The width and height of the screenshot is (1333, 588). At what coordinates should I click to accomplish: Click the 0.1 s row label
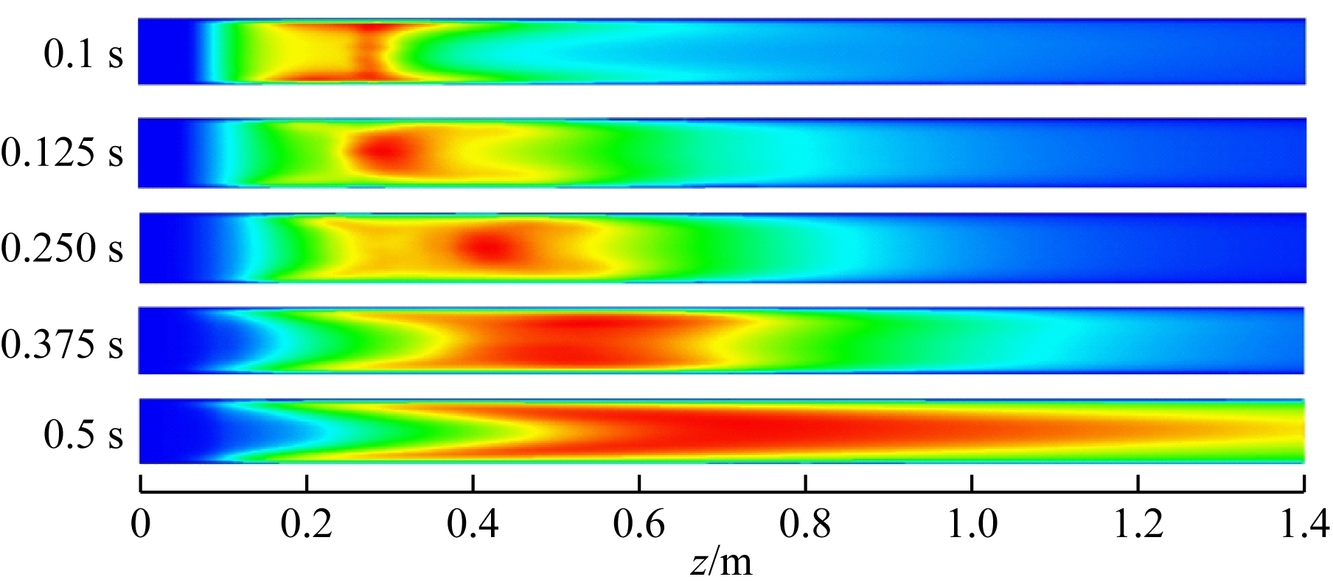click(x=83, y=55)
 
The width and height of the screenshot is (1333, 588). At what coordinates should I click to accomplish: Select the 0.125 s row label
click(x=62, y=153)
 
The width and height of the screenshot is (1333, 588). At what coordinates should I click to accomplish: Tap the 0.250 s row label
click(x=62, y=249)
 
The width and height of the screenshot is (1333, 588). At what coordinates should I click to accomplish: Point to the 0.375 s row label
click(x=62, y=343)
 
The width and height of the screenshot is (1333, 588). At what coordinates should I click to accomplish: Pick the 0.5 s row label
click(x=83, y=435)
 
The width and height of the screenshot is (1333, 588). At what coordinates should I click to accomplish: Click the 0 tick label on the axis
click(x=140, y=525)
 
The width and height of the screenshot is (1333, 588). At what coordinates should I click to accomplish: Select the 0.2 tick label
click(x=306, y=525)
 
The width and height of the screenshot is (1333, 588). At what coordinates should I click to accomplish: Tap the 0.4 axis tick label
click(x=473, y=525)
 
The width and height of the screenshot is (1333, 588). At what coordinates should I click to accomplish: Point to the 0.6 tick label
click(x=639, y=525)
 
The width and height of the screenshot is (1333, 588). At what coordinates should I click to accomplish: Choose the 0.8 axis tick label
click(x=806, y=525)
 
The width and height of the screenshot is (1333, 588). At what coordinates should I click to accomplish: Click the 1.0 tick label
click(x=972, y=525)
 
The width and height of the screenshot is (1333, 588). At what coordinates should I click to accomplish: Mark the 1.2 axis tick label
click(x=1139, y=525)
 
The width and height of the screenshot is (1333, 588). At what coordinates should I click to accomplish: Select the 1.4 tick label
click(x=1304, y=525)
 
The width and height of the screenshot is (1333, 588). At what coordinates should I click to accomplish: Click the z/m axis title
click(x=722, y=563)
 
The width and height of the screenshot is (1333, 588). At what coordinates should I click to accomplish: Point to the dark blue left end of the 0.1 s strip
click(x=166, y=52)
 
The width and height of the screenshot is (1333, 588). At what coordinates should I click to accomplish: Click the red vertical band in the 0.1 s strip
click(x=369, y=52)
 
